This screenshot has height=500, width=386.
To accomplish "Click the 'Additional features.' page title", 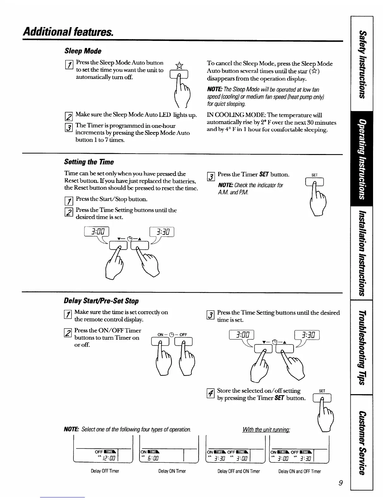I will pos(68,32).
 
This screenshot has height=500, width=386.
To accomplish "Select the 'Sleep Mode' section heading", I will pos(83,51).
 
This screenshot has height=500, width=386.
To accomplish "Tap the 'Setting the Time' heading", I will pos(89,162).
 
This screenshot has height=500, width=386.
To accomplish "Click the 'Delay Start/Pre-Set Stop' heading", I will pos(101,301).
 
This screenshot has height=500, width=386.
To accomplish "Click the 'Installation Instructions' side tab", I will pos(362,253).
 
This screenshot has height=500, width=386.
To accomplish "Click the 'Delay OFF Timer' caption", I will pos(105,471).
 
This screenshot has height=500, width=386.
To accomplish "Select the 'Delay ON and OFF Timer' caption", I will pos(299,471).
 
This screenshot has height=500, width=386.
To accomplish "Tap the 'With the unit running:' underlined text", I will pos(266,430).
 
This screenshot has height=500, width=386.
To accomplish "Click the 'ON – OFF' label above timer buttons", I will pos(172,335).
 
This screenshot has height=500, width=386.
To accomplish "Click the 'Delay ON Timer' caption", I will pos(172,471).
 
